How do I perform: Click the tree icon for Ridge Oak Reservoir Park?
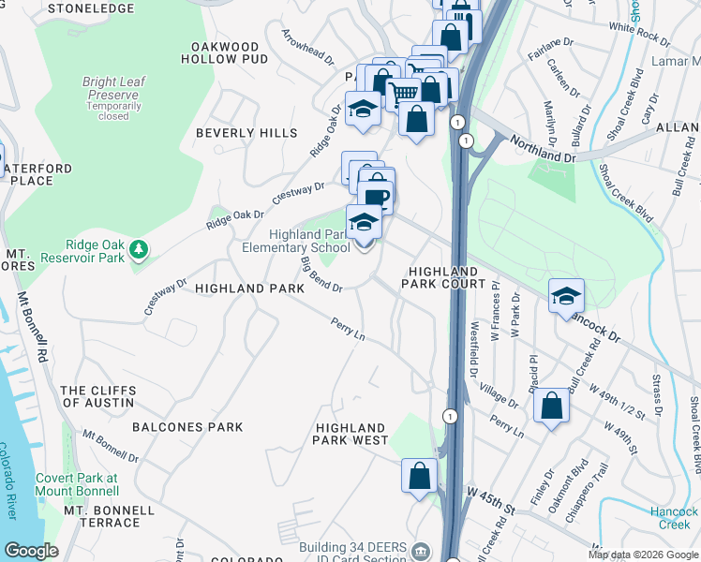click(x=139, y=249)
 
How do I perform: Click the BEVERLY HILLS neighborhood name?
click(x=246, y=133)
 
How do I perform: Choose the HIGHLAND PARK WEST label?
click(x=350, y=434)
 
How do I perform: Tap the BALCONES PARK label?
click(x=187, y=427)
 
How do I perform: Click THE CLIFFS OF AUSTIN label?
click(x=97, y=396)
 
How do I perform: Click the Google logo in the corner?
click(x=31, y=551)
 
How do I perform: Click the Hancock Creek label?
click(x=674, y=518)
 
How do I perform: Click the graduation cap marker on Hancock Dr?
click(x=566, y=296)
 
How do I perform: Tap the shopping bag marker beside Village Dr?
click(x=551, y=407)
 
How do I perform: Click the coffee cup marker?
click(x=376, y=198)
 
